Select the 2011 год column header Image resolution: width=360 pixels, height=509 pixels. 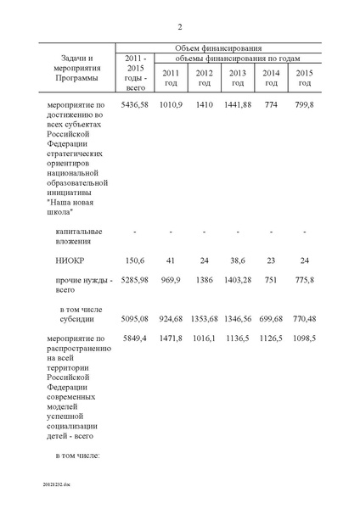click(x=170, y=77)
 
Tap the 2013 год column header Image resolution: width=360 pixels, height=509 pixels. click(x=237, y=77)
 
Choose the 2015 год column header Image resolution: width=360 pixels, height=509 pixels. click(x=304, y=77)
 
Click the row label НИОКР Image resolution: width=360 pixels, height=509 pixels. click(x=71, y=262)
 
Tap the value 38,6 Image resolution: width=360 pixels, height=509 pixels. click(x=237, y=262)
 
